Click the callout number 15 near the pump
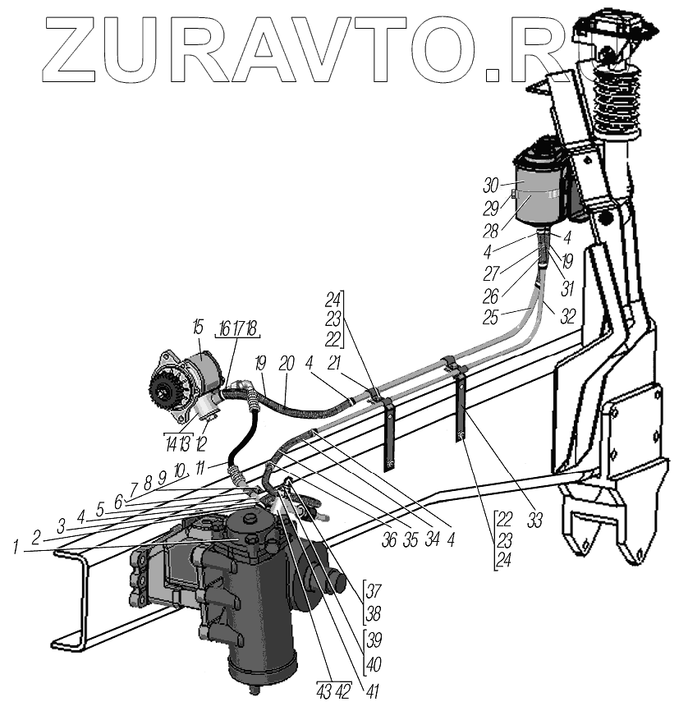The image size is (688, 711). point(197,328)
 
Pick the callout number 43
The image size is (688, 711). point(323,691)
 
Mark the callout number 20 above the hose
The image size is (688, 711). point(286,362)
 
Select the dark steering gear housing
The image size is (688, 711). point(246,591)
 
